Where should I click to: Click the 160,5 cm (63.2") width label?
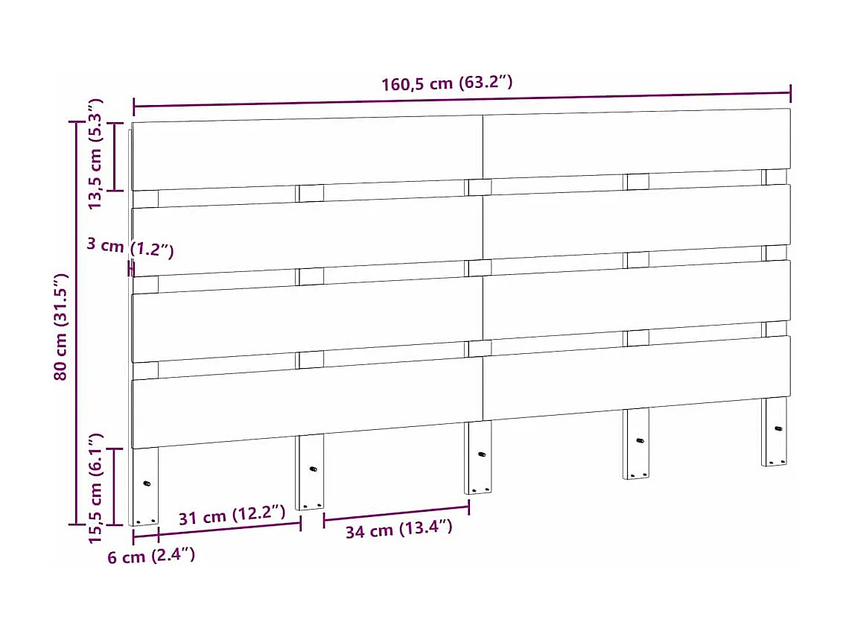[x=447, y=83]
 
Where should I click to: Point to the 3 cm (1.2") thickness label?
[x=130, y=248]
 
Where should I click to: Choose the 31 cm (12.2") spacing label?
[x=232, y=516]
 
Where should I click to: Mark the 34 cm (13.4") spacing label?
[x=398, y=530]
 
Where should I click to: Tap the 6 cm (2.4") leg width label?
[x=151, y=556]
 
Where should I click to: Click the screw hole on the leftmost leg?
[x=147, y=483]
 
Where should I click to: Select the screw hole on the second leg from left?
[x=313, y=469]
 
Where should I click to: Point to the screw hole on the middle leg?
[x=481, y=454]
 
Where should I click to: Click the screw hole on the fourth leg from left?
[x=639, y=440]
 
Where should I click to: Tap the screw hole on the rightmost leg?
[x=778, y=428]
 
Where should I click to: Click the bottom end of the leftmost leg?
[x=144, y=521]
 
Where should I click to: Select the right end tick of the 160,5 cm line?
[x=790, y=93]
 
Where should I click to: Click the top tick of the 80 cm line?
[x=77, y=122]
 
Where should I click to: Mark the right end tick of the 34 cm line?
[x=469, y=507]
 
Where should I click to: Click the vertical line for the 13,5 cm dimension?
[x=115, y=156]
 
